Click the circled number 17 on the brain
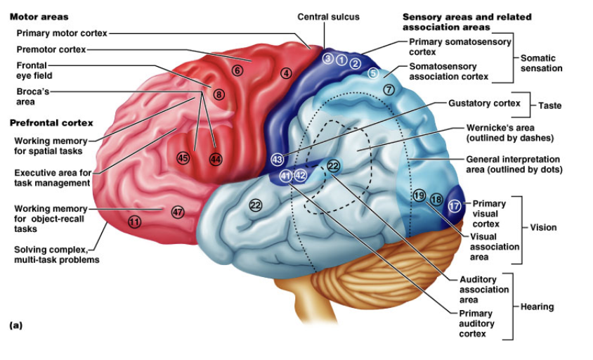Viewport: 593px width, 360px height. [x=454, y=206]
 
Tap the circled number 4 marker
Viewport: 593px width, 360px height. [x=286, y=73]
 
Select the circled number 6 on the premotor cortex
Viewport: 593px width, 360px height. [x=237, y=70]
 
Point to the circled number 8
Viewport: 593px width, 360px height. [x=219, y=95]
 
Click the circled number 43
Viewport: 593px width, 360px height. [x=278, y=160]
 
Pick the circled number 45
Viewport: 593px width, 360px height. [x=183, y=157]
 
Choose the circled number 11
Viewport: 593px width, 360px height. [x=134, y=221]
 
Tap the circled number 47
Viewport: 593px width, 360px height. [x=178, y=212]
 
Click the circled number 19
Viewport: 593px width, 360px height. [x=419, y=195]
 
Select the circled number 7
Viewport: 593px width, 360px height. [x=389, y=90]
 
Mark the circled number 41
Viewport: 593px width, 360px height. [x=285, y=176]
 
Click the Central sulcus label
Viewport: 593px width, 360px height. [x=328, y=17]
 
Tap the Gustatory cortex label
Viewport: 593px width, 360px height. [x=485, y=103]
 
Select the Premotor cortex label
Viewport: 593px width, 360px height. [x=51, y=50]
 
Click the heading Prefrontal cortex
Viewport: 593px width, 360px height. [x=51, y=123]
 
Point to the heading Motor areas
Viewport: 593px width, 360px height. [x=39, y=17]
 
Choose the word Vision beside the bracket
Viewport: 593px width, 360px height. [x=543, y=228]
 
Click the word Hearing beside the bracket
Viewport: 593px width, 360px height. [x=537, y=307]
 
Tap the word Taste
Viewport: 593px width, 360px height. [x=550, y=105]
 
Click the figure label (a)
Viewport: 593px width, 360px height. [x=16, y=325]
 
